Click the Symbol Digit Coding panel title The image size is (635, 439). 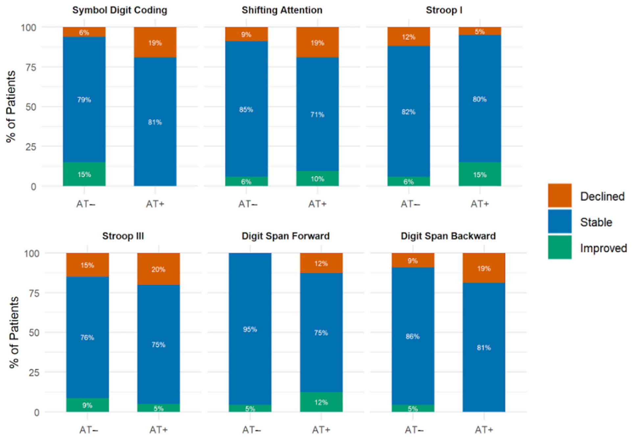click(120, 10)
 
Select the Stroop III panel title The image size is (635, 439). click(123, 236)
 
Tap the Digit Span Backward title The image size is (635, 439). click(448, 236)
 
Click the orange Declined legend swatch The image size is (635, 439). click(560, 195)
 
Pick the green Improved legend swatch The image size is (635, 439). click(560, 247)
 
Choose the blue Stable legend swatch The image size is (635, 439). click(560, 221)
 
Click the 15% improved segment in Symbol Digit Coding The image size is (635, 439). click(84, 174)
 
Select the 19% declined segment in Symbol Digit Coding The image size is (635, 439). click(155, 42)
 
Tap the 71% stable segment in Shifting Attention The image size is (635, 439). click(317, 114)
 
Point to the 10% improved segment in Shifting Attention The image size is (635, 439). click(317, 179)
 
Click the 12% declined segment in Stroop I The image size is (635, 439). click(409, 37)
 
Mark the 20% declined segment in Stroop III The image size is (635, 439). click(159, 269)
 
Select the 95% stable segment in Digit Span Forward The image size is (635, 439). click(250, 329)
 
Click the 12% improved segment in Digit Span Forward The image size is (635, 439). click(321, 402)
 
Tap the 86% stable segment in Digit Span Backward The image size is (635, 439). click(413, 336)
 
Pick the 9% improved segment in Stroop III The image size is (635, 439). click(87, 405)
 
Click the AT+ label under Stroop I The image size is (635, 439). click(480, 204)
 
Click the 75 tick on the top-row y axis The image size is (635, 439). click(31, 67)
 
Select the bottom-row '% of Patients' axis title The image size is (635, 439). click(13, 332)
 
